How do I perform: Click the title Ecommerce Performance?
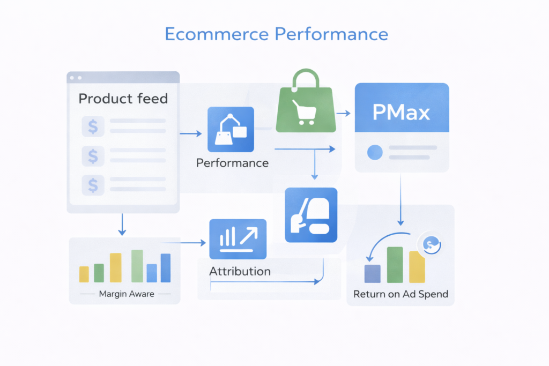(276, 34)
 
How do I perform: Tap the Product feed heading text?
(123, 98)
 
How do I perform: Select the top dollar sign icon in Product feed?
(93, 126)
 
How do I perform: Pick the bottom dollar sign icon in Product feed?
(93, 185)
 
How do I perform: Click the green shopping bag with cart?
(306, 101)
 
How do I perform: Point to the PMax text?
(401, 113)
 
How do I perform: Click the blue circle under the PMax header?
(375, 153)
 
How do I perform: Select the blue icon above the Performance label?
(231, 130)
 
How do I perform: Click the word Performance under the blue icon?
(232, 163)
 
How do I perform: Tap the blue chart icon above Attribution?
(238, 239)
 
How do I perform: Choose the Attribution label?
(240, 271)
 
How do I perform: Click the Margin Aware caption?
(127, 294)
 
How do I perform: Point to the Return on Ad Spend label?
(400, 294)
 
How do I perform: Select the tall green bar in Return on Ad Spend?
(395, 265)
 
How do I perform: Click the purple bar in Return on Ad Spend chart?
(373, 274)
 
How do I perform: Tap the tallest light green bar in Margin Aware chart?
(137, 266)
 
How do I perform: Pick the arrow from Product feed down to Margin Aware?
(122, 225)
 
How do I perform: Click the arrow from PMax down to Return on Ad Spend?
(400, 200)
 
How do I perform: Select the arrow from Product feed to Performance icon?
(191, 133)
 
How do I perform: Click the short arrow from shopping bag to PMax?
(344, 113)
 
